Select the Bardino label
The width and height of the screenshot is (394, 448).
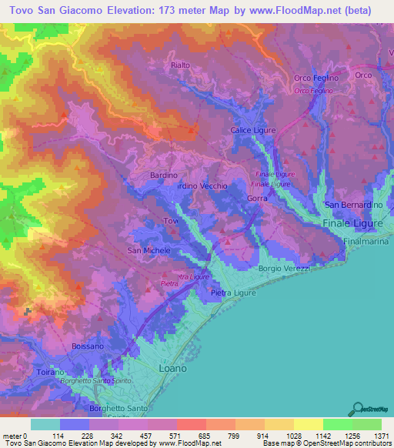tap(163, 176)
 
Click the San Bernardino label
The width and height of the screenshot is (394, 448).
tap(352, 205)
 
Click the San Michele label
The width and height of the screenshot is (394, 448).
tap(148, 251)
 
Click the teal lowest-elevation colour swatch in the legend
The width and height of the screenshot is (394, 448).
tap(45, 424)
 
